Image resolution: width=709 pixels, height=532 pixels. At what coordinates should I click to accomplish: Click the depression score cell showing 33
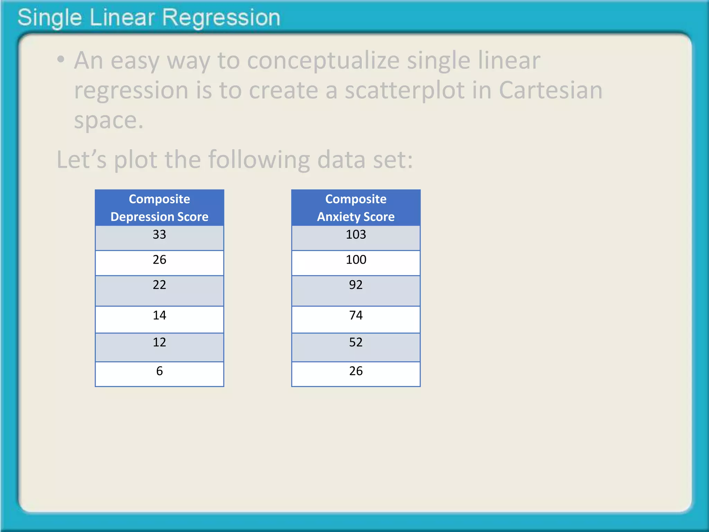(x=159, y=238)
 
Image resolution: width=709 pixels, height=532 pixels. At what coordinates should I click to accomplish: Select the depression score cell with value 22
(x=159, y=290)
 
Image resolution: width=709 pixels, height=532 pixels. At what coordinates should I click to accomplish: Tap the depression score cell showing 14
(x=159, y=319)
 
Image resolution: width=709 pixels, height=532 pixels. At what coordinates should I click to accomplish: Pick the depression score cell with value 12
(x=159, y=347)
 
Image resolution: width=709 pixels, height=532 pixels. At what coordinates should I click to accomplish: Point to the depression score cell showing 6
(x=159, y=374)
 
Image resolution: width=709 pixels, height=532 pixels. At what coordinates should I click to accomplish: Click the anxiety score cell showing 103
(x=356, y=238)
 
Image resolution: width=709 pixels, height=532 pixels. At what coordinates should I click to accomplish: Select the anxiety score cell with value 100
(x=356, y=263)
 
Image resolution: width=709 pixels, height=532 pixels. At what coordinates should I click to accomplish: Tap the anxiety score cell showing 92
(x=356, y=290)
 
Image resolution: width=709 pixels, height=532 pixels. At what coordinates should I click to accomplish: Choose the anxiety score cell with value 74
(x=356, y=319)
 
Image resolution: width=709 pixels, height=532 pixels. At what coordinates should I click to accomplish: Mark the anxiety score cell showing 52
(x=356, y=347)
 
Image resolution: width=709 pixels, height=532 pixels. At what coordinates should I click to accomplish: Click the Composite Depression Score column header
(x=159, y=208)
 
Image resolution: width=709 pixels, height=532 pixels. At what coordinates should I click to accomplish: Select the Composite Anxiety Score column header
(x=356, y=208)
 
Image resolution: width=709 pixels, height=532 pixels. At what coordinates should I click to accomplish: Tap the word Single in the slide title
(x=50, y=18)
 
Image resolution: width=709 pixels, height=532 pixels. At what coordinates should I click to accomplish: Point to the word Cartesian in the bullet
(x=550, y=90)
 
